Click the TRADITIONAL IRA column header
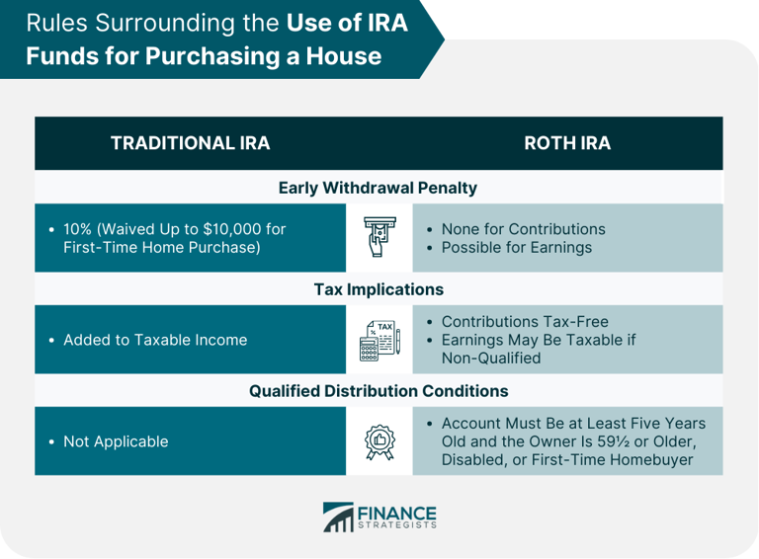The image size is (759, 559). (190, 143)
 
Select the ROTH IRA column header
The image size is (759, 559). (566, 143)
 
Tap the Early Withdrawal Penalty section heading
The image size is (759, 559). (378, 188)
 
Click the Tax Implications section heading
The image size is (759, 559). (379, 289)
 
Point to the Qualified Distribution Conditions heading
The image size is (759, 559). (379, 390)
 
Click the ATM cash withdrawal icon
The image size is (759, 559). (379, 237)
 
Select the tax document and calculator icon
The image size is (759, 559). (379, 339)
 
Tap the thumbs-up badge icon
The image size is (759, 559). (379, 440)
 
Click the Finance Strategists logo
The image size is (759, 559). (379, 517)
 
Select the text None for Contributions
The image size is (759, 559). (523, 229)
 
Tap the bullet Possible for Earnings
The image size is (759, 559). (516, 247)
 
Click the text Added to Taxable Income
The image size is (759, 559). (155, 340)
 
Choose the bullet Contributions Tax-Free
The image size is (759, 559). (525, 322)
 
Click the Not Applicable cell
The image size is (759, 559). (116, 441)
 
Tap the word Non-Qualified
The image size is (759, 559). (491, 358)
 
